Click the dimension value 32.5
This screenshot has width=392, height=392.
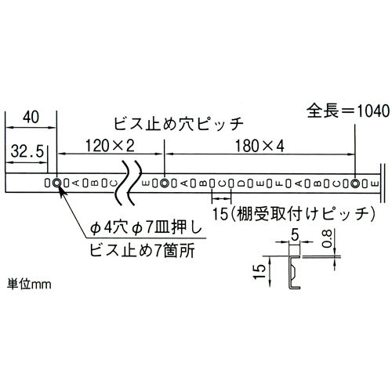pos(27,151)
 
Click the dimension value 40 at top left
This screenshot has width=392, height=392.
pos(31,117)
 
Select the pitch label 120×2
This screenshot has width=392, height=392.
pos(110,146)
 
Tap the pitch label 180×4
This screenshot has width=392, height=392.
pos(260,146)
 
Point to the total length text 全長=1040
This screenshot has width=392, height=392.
pos(348,111)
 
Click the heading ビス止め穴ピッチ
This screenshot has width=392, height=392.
pos(179,123)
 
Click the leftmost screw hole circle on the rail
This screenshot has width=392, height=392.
pos(56,183)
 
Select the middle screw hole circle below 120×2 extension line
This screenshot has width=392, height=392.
pos(165,183)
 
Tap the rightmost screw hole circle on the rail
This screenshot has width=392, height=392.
pos(355,183)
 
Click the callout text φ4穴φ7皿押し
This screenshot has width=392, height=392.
pos(146,228)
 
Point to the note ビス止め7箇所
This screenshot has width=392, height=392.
pos(142,250)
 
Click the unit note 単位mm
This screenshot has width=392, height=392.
pos(29,284)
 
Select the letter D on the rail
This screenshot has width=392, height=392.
pos(241,183)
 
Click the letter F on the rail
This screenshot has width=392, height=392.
pos(279,183)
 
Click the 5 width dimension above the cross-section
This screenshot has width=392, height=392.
pos(295,235)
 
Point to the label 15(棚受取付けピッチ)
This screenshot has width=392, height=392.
pos(294,214)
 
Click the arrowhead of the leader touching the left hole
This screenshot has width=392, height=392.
pos(60,189)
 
